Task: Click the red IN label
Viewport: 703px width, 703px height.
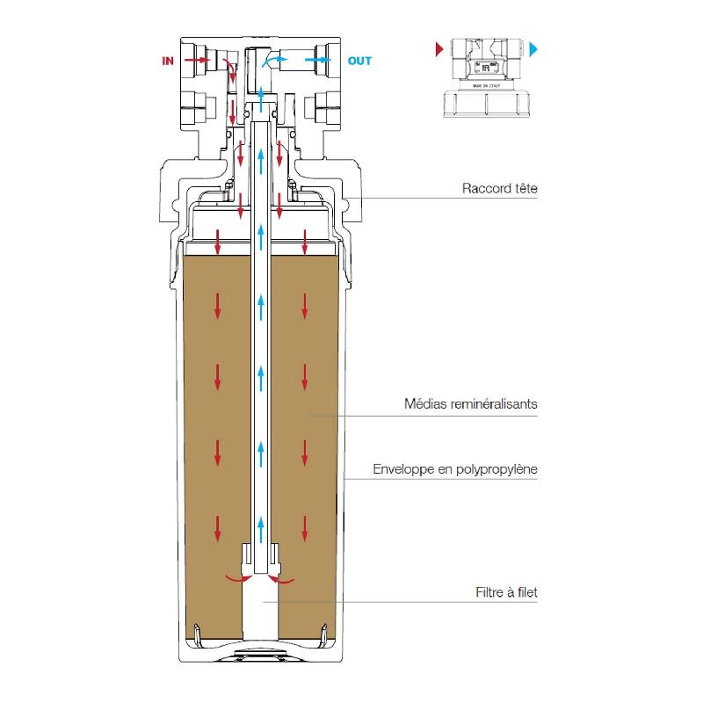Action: (x=168, y=61)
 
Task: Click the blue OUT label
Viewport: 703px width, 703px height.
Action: (x=359, y=61)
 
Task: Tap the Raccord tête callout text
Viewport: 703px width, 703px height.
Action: (x=499, y=188)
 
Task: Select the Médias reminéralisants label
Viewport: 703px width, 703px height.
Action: (x=470, y=405)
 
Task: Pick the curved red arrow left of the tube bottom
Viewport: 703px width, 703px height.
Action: (x=236, y=579)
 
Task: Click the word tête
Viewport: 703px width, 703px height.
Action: (x=524, y=188)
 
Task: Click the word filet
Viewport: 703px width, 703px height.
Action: (x=525, y=592)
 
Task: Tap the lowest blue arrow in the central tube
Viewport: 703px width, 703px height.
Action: (x=261, y=530)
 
